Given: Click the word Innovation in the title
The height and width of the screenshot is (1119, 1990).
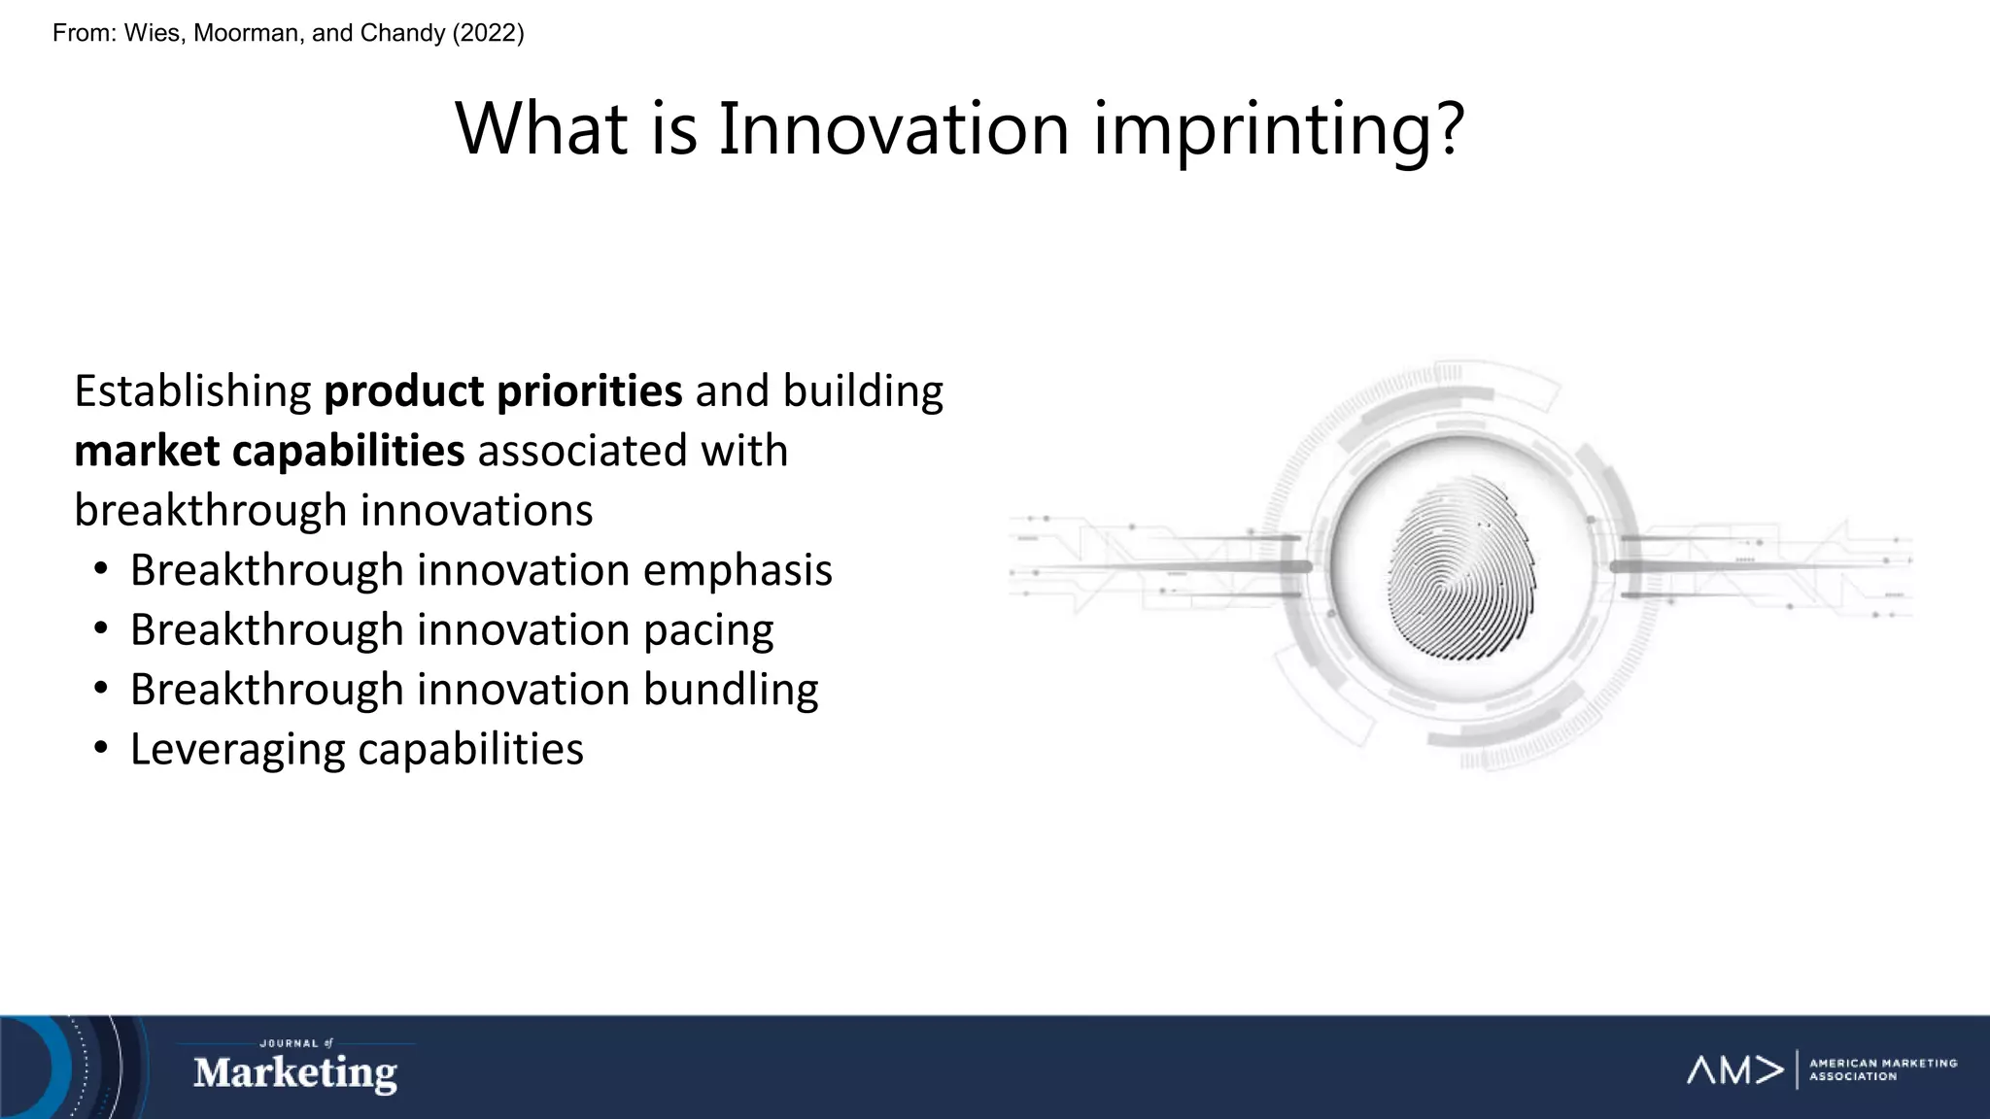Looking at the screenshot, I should [x=893, y=129].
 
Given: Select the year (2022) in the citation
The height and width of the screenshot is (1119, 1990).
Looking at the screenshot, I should [x=488, y=33].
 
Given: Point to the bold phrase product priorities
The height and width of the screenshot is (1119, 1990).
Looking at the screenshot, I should [x=502, y=391].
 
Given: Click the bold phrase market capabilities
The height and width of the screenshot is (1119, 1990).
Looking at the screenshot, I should [x=269, y=451].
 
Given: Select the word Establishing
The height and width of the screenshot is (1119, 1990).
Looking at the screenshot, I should [x=192, y=391].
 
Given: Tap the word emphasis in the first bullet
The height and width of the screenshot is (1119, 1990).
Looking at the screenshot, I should [x=737, y=570].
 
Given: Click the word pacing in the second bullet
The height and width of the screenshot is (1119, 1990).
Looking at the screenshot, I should [x=707, y=630].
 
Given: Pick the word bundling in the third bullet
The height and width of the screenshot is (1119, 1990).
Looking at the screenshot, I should [x=730, y=690].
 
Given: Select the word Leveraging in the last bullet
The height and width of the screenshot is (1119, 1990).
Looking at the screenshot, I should [x=237, y=750].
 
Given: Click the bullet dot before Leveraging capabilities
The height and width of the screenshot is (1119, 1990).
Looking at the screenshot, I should [x=101, y=749].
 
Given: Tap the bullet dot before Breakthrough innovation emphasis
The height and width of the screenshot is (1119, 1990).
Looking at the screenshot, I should [x=101, y=569].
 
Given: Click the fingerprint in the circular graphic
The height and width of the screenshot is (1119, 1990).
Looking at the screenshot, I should [x=1460, y=568].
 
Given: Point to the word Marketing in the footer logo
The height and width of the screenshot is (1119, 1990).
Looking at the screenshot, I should [x=294, y=1073].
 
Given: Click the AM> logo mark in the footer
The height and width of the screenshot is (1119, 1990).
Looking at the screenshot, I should [x=1734, y=1070].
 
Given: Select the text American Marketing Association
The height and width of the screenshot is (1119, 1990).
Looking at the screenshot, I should [x=1881, y=1069].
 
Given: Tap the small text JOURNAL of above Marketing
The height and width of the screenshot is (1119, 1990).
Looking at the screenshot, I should [x=294, y=1043].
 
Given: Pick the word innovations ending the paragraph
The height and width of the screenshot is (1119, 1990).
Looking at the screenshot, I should [x=475, y=511].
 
